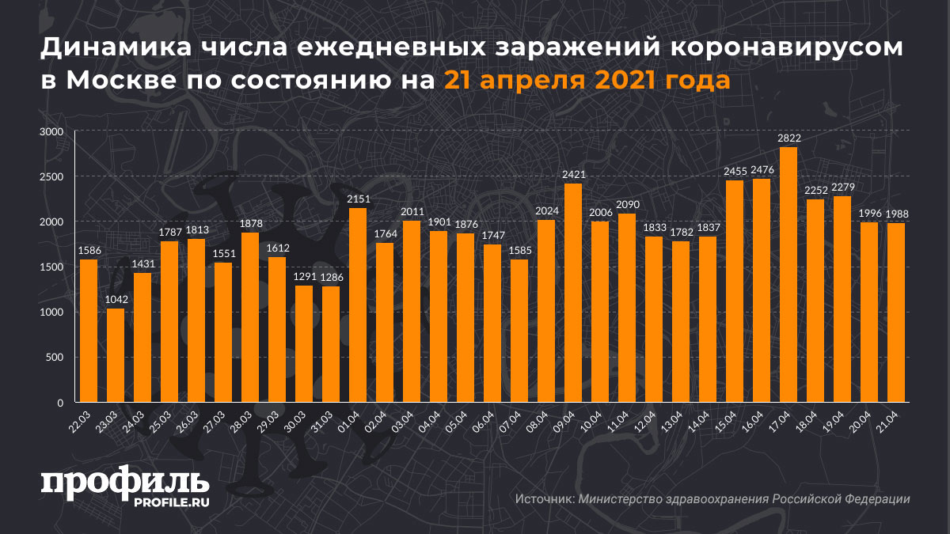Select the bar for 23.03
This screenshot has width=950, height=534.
pos(116,355)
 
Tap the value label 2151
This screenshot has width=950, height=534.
pos(358,199)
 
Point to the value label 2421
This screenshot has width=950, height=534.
pos(573,175)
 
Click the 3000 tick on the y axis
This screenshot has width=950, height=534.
pos(51,132)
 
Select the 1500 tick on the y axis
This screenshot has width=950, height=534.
pos(51,267)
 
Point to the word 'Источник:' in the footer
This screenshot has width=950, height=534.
pos(544,499)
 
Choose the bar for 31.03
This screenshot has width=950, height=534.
pos(331,344)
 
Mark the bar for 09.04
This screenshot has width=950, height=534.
pos(573,293)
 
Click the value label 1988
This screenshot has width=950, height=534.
pos(896,214)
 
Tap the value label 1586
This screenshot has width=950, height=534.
pos(89,251)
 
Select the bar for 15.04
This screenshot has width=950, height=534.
pos(735,291)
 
